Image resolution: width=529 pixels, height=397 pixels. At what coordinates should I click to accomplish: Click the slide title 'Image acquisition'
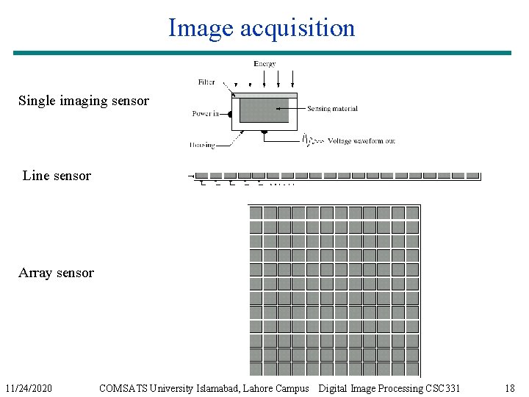click(262, 28)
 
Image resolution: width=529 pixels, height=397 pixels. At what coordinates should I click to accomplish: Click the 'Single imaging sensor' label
click(83, 101)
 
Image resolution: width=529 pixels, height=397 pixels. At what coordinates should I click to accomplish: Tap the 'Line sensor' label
click(57, 176)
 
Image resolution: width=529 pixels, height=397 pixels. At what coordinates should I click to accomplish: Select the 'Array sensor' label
click(56, 273)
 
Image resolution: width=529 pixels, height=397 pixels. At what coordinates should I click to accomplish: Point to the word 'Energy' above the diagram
click(264, 64)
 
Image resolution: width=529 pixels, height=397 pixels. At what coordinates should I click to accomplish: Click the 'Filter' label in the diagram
click(206, 82)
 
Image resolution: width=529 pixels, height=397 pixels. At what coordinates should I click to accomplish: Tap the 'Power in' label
click(206, 114)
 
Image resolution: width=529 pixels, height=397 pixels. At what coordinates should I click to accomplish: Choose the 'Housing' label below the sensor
click(202, 145)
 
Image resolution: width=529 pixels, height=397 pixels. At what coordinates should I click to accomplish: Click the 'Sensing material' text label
click(332, 109)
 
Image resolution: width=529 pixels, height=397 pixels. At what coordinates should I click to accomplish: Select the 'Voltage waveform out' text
click(361, 140)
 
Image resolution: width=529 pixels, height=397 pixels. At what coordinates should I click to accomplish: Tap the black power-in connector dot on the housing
click(230, 114)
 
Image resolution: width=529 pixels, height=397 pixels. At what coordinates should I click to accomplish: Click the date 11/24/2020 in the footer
click(28, 388)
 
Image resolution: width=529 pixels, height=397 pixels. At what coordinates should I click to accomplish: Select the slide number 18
click(510, 388)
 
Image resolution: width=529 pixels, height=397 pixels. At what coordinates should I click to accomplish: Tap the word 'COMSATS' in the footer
click(123, 388)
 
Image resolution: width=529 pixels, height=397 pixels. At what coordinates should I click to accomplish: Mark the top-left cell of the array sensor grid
click(256, 213)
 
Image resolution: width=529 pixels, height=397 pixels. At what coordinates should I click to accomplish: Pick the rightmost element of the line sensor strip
click(472, 176)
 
